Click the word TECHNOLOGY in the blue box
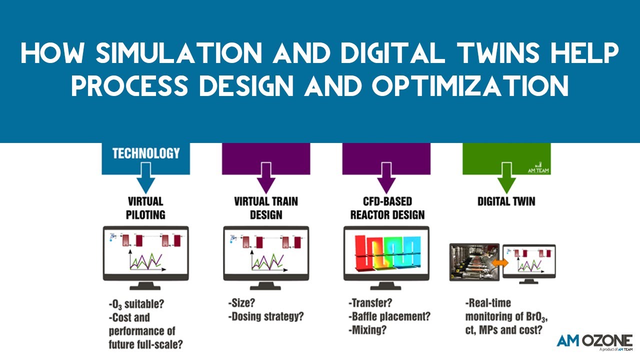coord(145,153)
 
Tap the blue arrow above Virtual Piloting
coord(145,182)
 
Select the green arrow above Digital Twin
coord(506,182)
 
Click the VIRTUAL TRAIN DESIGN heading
coord(265,208)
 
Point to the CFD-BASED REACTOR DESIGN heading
coord(386,208)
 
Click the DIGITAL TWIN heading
coord(506,202)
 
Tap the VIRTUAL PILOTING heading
coord(145,208)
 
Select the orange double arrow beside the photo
coord(500,262)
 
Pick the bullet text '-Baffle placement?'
coord(388,316)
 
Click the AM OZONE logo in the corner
coord(594,341)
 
